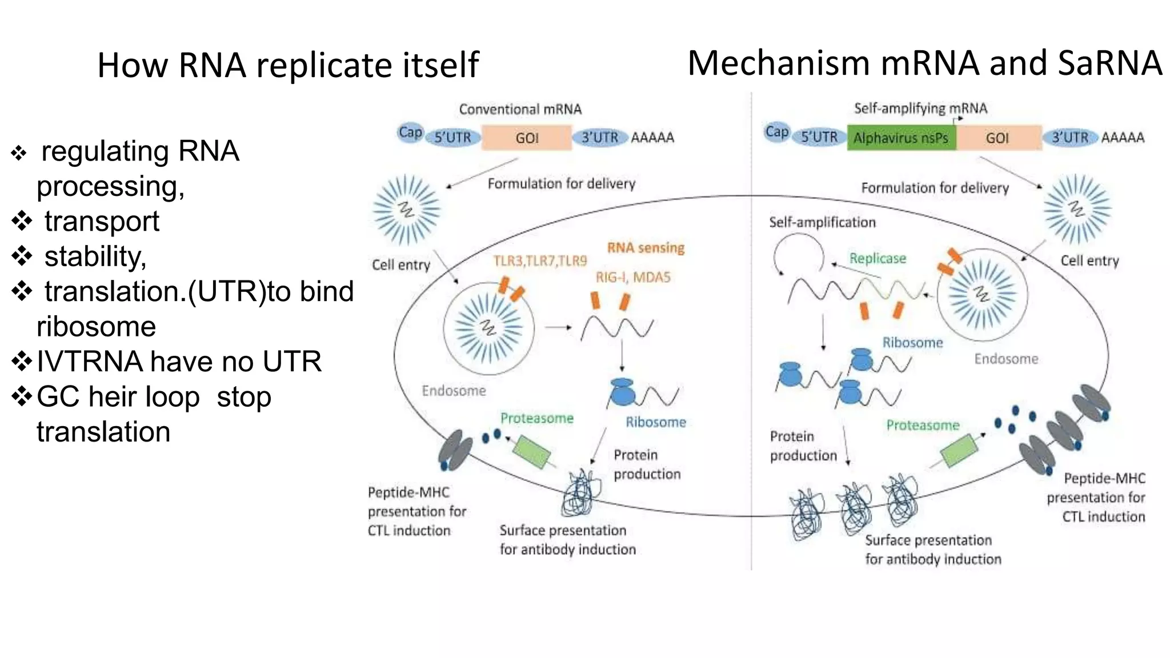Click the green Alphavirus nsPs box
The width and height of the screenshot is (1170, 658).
click(x=901, y=138)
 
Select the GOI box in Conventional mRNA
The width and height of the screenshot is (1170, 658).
click(x=526, y=138)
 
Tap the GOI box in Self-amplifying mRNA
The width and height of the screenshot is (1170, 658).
click(x=997, y=138)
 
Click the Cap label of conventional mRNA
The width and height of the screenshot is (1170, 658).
click(x=410, y=133)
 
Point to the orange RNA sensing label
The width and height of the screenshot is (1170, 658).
click(x=646, y=247)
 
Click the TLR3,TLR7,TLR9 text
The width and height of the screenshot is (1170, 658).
click(x=540, y=261)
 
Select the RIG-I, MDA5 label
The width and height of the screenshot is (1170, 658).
click(x=633, y=278)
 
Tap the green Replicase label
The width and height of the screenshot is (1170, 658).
click(x=877, y=258)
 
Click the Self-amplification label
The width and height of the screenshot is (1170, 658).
click(x=822, y=222)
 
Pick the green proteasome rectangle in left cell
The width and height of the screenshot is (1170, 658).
click(x=531, y=451)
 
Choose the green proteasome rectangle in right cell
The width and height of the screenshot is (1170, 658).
click(x=959, y=450)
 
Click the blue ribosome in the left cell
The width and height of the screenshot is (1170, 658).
click(x=622, y=392)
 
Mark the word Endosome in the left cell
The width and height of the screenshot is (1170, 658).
click(x=454, y=391)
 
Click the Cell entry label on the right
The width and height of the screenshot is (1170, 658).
click(x=1089, y=260)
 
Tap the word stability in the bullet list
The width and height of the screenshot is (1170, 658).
click(x=95, y=256)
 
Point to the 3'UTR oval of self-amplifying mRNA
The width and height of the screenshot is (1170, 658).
click(x=1070, y=138)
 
